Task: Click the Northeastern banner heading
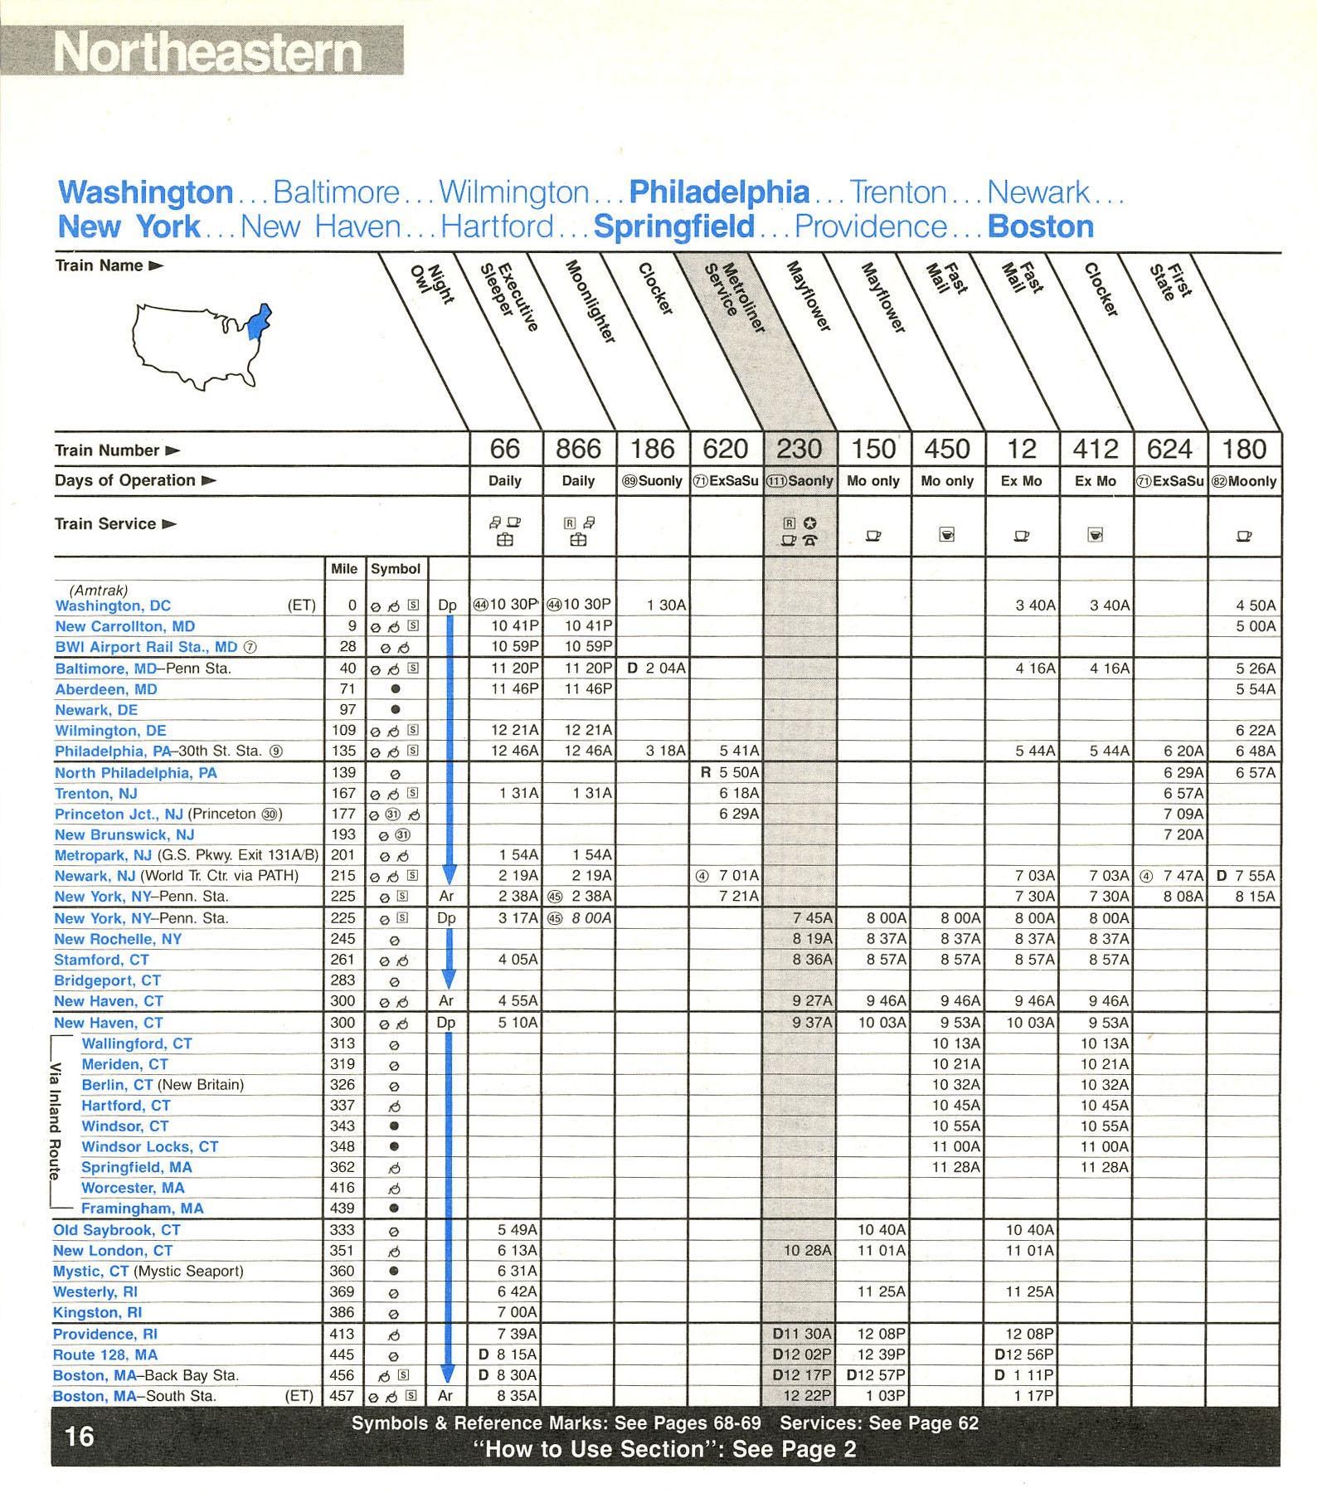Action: pos(208,52)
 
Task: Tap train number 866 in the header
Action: pos(578,449)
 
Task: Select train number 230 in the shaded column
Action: pos(799,449)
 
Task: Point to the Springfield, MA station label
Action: pos(136,1167)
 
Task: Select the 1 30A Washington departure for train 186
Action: pos(666,605)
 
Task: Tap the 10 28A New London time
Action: pos(807,1250)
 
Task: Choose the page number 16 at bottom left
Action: pos(80,1437)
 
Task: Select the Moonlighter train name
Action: pos(590,302)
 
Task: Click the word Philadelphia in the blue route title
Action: pos(719,192)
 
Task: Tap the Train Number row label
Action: pos(107,450)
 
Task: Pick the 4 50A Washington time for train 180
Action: pos(1255,605)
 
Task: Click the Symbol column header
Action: pos(395,569)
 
